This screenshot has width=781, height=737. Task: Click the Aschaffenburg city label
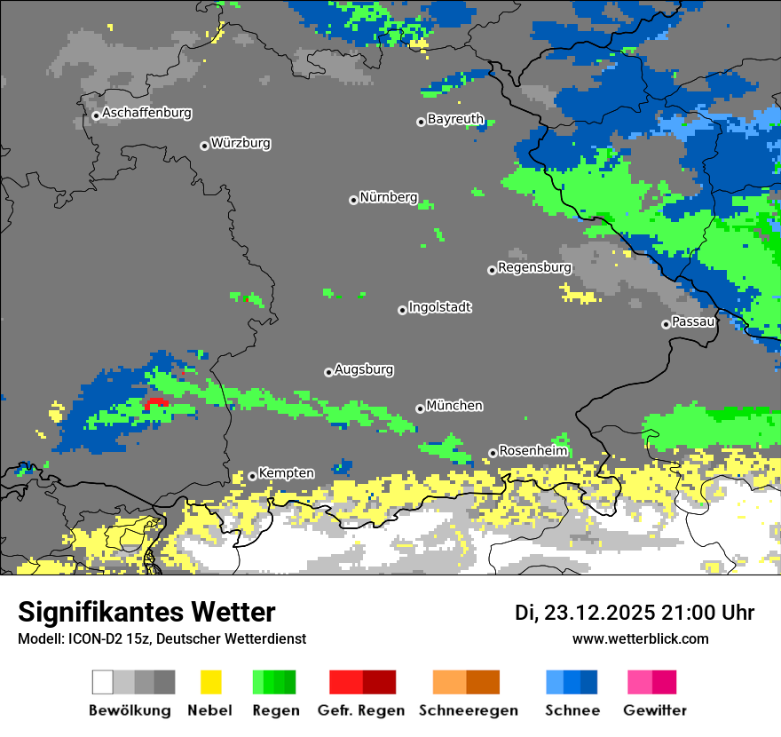(x=146, y=114)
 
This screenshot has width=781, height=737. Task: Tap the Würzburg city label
(x=241, y=143)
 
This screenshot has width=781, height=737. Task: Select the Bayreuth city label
(x=455, y=119)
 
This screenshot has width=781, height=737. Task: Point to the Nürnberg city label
(x=388, y=197)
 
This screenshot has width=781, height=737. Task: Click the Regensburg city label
(x=534, y=267)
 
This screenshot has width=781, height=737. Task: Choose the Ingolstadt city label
(x=440, y=307)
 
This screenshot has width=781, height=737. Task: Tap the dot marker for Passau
(x=666, y=324)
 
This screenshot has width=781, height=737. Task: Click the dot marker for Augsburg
(x=328, y=372)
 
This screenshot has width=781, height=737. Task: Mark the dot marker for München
(x=420, y=408)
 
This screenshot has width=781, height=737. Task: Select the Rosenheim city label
(x=532, y=451)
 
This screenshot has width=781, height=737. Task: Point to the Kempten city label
(x=286, y=473)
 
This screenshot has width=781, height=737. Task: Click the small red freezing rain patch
(x=156, y=402)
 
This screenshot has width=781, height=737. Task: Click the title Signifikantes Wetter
(x=146, y=612)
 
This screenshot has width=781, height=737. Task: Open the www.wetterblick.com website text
(x=640, y=638)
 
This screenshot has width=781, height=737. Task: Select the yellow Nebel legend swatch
(x=210, y=682)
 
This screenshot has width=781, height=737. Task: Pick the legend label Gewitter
(x=654, y=710)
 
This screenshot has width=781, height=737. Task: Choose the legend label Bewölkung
(x=130, y=710)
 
